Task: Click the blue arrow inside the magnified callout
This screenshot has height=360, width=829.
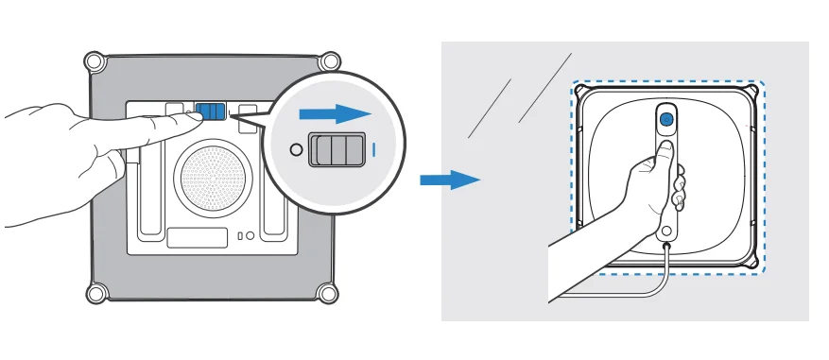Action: (332, 114)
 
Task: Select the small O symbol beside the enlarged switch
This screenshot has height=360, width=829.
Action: (297, 149)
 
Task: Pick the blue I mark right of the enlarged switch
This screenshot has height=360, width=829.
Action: (375, 149)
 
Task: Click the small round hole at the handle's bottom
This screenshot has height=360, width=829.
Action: (665, 231)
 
